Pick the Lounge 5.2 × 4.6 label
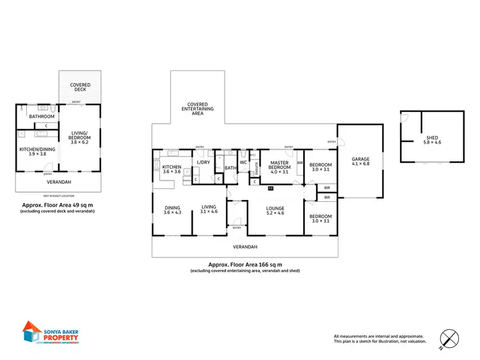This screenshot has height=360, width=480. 275,211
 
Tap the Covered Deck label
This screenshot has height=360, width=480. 81,87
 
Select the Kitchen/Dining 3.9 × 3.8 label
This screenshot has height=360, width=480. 36,151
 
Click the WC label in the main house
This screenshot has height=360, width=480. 243,163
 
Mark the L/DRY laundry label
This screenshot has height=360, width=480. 203,163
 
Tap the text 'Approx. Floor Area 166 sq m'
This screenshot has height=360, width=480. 244,264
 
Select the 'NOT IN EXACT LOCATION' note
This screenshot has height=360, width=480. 58,195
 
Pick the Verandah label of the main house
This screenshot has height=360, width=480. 244,247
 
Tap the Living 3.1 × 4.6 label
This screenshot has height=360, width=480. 209,209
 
